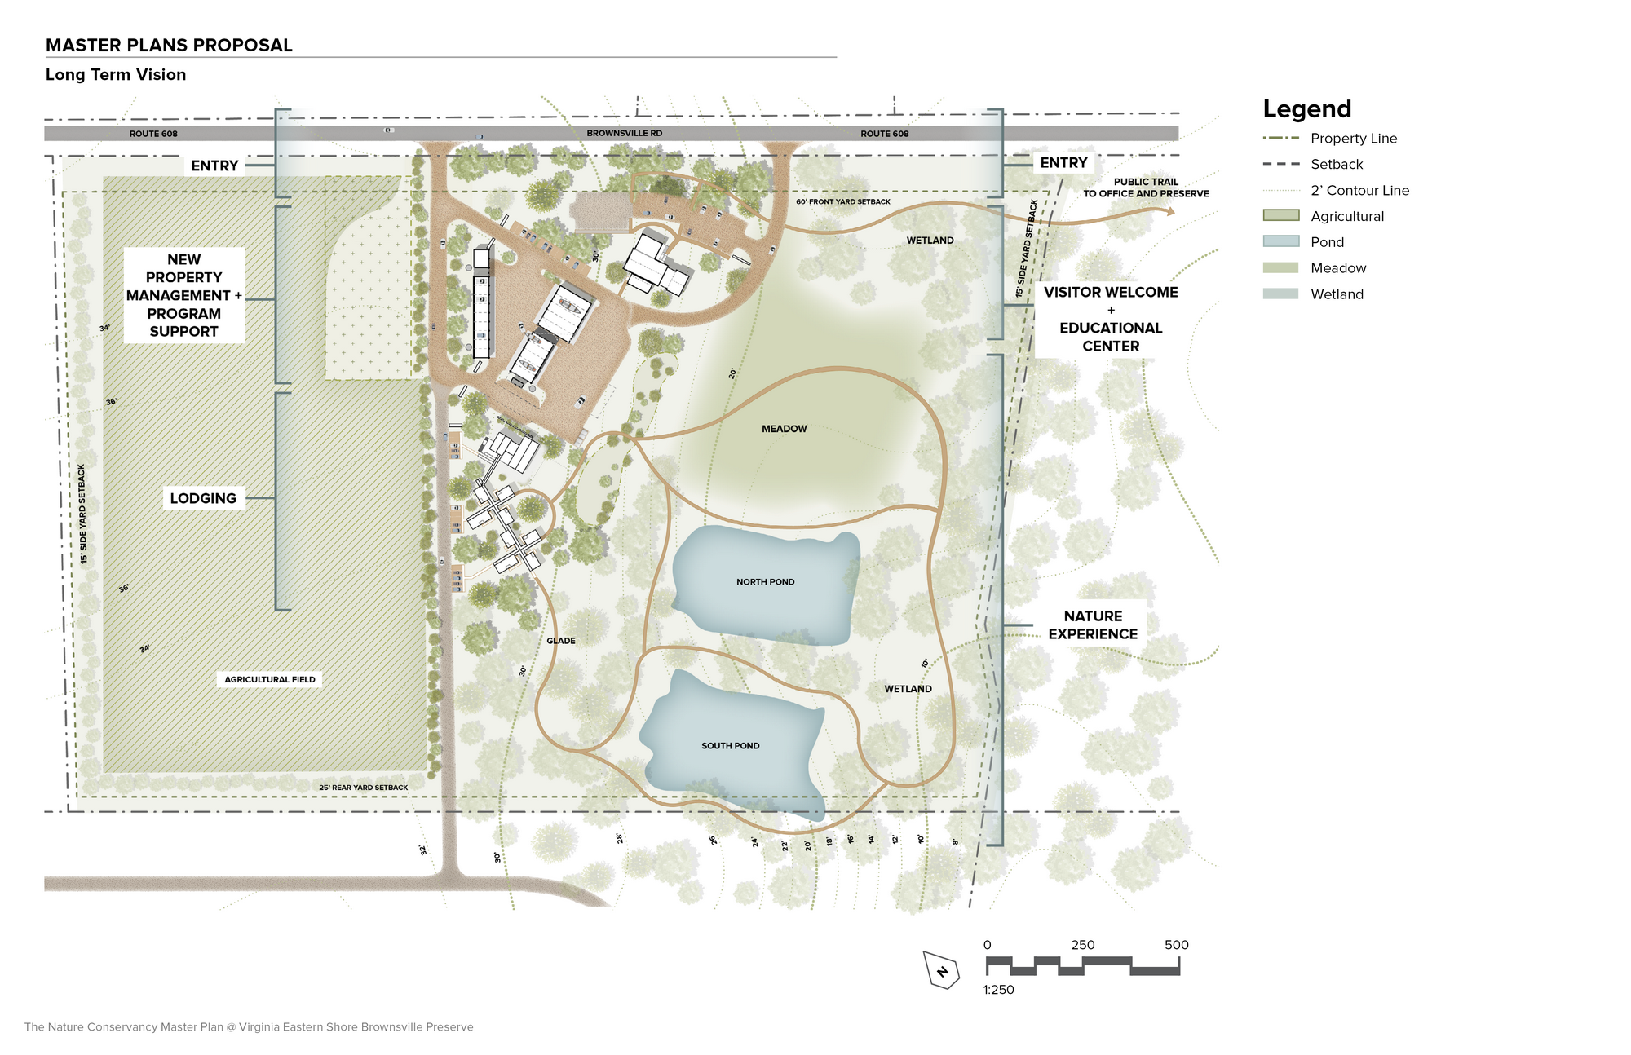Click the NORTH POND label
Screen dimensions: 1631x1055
tap(765, 582)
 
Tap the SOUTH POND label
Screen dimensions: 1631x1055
tap(731, 746)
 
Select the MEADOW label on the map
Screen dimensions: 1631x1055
tap(785, 429)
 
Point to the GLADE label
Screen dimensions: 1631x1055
tap(561, 641)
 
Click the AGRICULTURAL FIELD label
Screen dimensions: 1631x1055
tap(270, 679)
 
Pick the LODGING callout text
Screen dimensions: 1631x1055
tap(203, 498)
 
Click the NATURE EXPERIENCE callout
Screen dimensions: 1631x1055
tap(1093, 625)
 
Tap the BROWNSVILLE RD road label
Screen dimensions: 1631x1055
tap(625, 134)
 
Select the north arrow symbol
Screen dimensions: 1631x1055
tap(942, 970)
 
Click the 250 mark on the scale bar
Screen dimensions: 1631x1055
tap(1083, 945)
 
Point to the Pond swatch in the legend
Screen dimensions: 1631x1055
tap(1281, 242)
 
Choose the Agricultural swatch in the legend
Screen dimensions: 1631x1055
tap(1281, 216)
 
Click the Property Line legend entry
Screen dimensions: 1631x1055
tap(1330, 139)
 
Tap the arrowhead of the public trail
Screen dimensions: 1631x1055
tap(1170, 212)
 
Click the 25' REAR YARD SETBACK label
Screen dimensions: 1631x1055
tap(364, 788)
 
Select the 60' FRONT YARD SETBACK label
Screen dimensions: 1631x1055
tap(843, 201)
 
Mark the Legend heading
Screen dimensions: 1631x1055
tap(1307, 108)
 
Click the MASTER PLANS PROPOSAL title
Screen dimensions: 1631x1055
tap(169, 46)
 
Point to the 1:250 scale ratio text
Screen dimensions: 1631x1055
tap(999, 990)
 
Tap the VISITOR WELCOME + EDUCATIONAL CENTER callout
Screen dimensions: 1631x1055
tap(1111, 319)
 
